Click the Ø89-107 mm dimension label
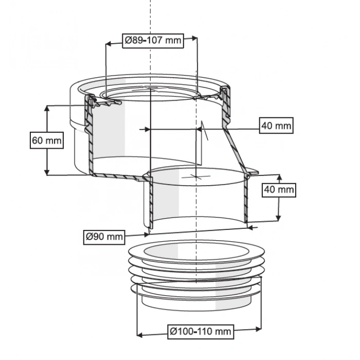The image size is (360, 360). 153,40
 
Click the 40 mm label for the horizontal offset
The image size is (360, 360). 276,125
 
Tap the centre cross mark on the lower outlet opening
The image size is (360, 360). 196,176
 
